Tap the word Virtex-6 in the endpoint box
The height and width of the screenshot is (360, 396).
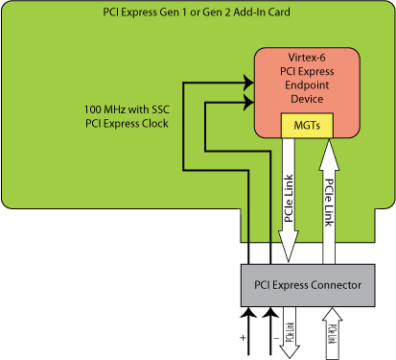[306, 59]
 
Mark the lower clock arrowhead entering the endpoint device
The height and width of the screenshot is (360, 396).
[248, 100]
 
